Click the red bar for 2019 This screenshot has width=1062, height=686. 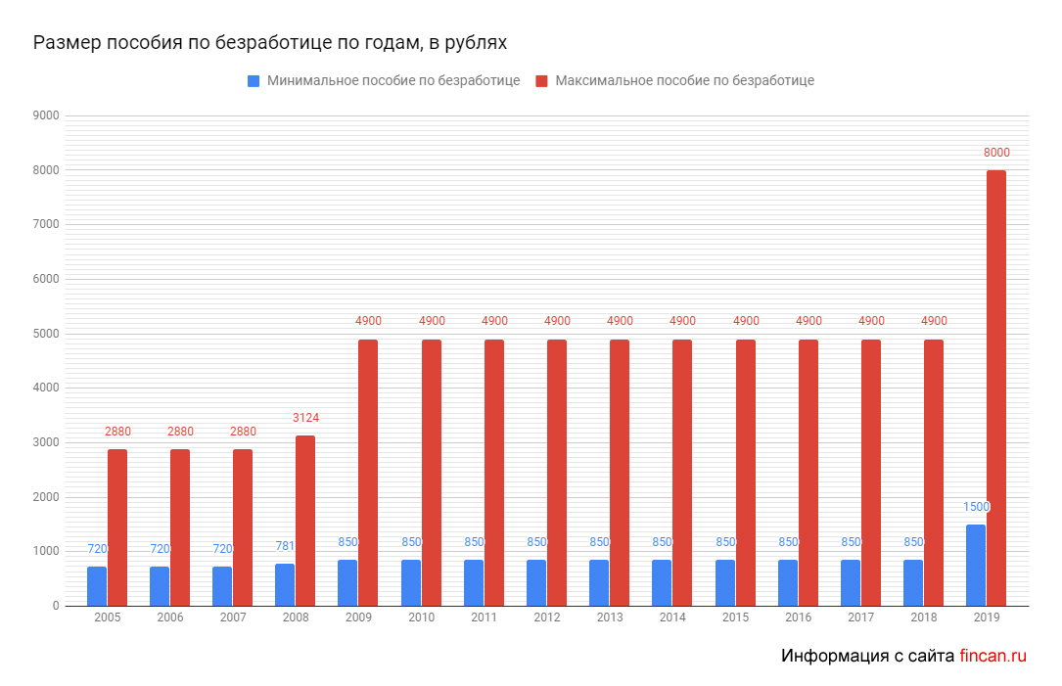click(x=995, y=388)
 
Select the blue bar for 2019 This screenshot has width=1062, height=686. click(x=975, y=566)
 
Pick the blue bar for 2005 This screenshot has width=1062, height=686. click(x=97, y=586)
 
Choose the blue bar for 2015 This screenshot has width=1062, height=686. click(x=725, y=582)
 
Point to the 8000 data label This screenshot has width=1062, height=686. click(x=996, y=153)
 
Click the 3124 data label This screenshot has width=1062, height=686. click(x=305, y=418)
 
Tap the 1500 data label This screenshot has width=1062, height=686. click(x=976, y=507)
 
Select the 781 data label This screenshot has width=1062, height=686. click(x=285, y=546)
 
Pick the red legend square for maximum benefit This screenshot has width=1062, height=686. click(x=542, y=81)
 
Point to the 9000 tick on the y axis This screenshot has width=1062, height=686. click(x=47, y=115)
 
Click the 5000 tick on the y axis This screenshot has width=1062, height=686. click(x=47, y=334)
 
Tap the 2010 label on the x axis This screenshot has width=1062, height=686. click(x=421, y=619)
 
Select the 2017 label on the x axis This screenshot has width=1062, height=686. click(x=860, y=619)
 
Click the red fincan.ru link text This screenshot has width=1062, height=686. click(x=993, y=656)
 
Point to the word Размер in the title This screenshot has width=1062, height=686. click(x=65, y=44)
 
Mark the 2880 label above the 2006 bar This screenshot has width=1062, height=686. click(x=180, y=432)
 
